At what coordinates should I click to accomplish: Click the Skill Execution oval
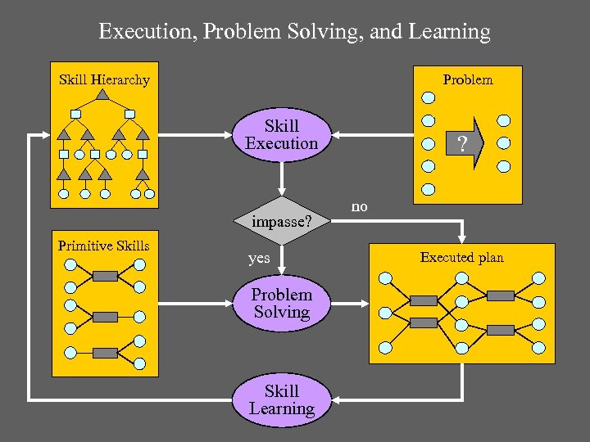(x=282, y=135)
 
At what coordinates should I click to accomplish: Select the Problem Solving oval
(x=282, y=304)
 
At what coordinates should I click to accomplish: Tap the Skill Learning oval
(x=282, y=400)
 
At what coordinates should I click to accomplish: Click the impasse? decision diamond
(x=282, y=221)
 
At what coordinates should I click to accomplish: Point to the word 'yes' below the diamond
(x=259, y=259)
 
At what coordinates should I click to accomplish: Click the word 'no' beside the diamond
(x=359, y=207)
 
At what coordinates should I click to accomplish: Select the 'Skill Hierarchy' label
(x=104, y=80)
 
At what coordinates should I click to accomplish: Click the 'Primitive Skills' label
(x=104, y=246)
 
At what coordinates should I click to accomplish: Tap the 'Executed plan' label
(x=462, y=258)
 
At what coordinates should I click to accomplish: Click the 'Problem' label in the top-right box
(x=468, y=79)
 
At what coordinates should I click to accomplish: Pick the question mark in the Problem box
(x=463, y=146)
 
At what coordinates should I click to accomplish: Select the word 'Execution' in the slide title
(x=144, y=33)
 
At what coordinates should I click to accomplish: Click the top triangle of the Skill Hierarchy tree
(x=102, y=95)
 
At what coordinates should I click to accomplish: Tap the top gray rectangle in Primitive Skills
(x=106, y=276)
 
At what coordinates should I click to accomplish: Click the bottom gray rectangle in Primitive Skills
(x=105, y=353)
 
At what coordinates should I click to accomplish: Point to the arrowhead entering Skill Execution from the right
(x=338, y=136)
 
